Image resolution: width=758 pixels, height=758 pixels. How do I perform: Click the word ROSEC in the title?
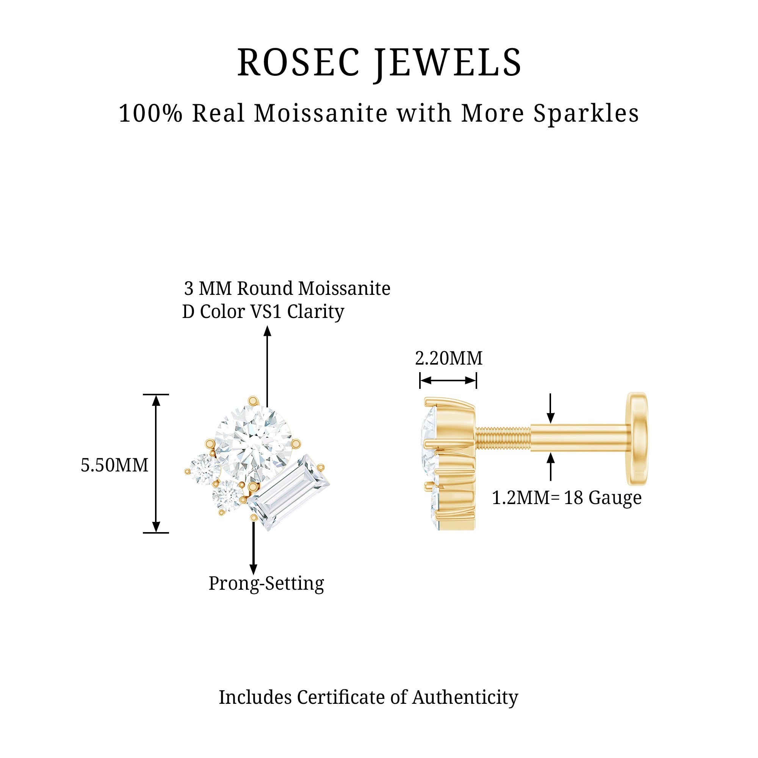click(x=298, y=63)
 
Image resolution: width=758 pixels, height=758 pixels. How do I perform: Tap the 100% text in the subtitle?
click(x=151, y=114)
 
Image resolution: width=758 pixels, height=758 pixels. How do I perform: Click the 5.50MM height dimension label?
click(x=114, y=465)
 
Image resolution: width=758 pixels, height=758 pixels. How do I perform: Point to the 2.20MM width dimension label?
click(x=448, y=358)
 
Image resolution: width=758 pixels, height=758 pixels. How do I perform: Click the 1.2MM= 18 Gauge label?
click(x=567, y=498)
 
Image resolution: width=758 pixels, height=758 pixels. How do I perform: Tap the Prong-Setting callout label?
click(x=266, y=583)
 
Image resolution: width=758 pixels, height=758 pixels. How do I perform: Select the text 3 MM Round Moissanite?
click(x=287, y=288)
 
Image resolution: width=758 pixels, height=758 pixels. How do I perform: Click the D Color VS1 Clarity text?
click(x=263, y=312)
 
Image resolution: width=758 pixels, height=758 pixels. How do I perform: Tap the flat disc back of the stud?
click(x=636, y=439)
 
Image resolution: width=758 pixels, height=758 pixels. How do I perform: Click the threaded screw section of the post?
click(x=503, y=438)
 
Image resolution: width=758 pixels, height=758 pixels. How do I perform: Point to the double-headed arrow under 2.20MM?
click(x=448, y=380)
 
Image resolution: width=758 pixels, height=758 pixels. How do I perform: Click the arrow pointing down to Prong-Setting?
click(x=254, y=549)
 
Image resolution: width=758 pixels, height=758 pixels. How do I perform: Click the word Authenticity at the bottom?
click(x=465, y=698)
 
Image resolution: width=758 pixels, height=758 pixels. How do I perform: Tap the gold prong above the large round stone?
click(x=253, y=401)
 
